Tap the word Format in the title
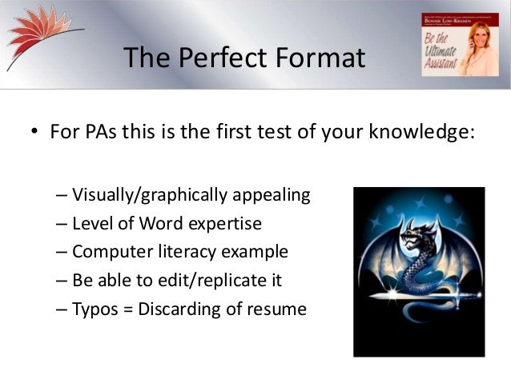tap(318, 58)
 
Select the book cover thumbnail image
tap(454, 44)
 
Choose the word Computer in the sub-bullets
tap(111, 252)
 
